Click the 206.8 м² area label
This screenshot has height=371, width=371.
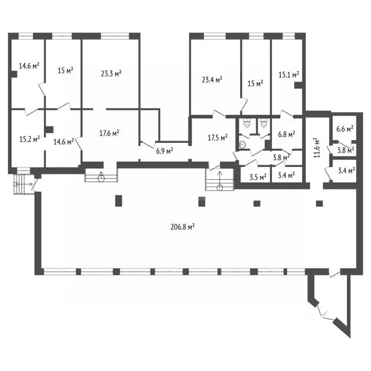click(x=183, y=227)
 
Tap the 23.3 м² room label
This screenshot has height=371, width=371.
click(x=111, y=73)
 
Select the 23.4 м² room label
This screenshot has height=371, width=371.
click(x=212, y=80)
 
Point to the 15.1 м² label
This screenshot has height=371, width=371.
click(x=289, y=75)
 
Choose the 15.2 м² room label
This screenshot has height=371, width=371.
click(x=29, y=139)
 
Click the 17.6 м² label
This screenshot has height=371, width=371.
click(x=109, y=133)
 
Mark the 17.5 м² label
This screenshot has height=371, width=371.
click(x=218, y=138)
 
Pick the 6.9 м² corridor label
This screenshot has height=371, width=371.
click(x=164, y=151)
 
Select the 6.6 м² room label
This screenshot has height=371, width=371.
click(x=345, y=129)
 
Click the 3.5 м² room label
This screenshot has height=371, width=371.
click(x=258, y=177)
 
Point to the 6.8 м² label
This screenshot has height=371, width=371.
click(x=286, y=134)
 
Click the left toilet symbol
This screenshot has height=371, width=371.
click(x=247, y=123)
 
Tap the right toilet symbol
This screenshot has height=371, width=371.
click(x=264, y=123)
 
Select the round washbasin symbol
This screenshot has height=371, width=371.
click(x=242, y=145)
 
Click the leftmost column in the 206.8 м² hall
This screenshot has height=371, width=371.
click(x=118, y=200)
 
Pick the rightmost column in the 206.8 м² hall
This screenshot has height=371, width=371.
click(x=319, y=203)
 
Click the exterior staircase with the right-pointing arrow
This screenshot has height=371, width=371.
click(x=23, y=184)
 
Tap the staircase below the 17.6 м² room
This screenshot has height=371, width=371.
click(x=101, y=175)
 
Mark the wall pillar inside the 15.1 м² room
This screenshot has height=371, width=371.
click(x=299, y=85)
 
